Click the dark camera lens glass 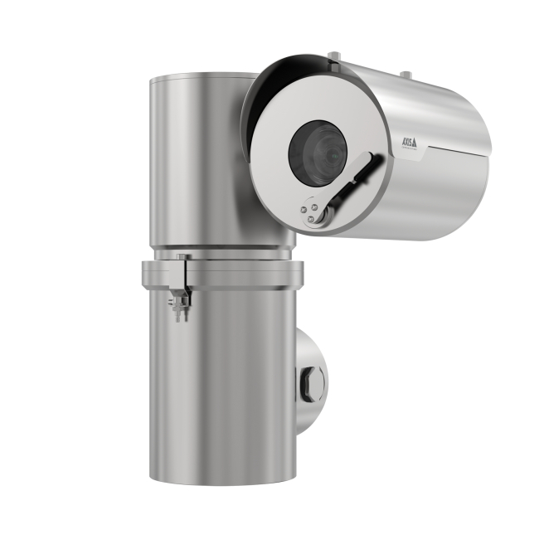coord(317,152)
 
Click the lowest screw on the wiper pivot coord(312,219)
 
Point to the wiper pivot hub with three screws coord(313,210)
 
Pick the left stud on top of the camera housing coord(333,56)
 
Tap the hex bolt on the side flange coord(312,382)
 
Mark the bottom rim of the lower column coord(222,479)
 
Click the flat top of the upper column coord(199,77)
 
